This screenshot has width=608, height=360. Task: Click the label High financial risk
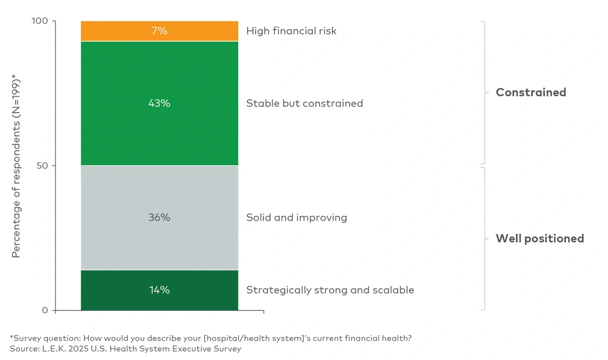(x=291, y=31)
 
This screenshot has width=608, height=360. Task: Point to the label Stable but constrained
(x=304, y=103)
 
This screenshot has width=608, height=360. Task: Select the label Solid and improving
(x=297, y=218)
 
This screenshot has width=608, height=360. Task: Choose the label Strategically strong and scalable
(x=330, y=290)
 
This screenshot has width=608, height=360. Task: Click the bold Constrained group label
(x=531, y=93)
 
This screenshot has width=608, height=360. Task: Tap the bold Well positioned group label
(x=540, y=239)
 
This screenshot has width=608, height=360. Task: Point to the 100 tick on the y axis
(x=41, y=22)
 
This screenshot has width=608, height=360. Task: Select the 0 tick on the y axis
(x=45, y=310)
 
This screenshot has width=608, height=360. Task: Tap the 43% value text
(x=159, y=103)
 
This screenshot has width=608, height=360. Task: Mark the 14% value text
(x=159, y=290)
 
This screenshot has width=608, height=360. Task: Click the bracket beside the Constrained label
(x=485, y=93)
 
